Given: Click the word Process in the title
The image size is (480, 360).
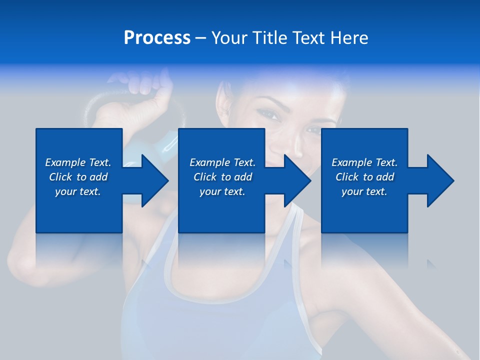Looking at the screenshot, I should tap(157, 38).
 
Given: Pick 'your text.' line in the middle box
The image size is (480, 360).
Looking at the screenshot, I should tap(222, 191).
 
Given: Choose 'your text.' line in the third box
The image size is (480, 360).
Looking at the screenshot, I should tap(364, 191).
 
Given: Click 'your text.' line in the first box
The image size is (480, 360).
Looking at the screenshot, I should tap(77, 191).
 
